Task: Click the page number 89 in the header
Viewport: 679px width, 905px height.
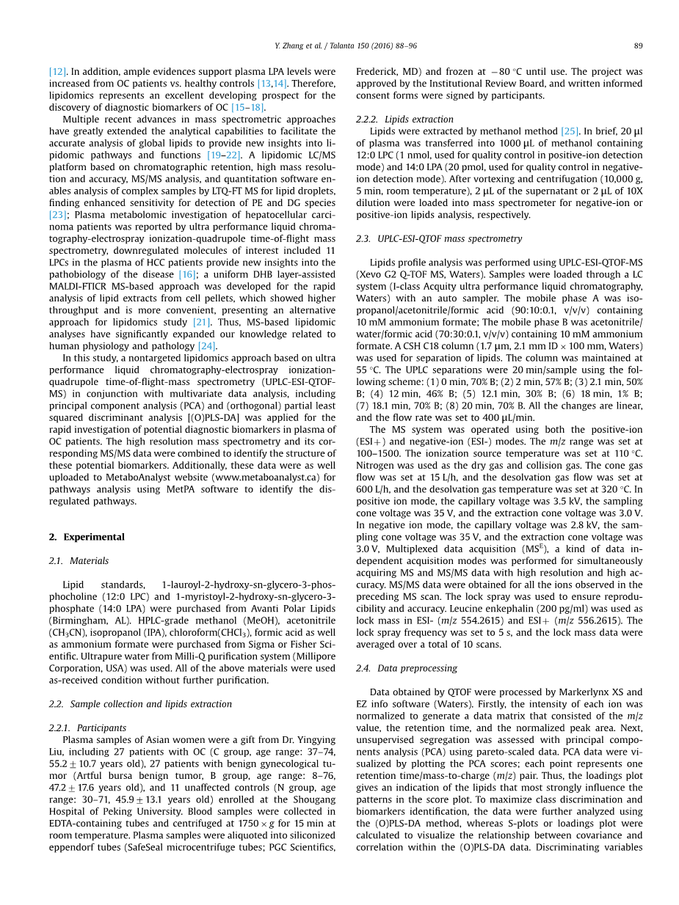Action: click(x=638, y=46)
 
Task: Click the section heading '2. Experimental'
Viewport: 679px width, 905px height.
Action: click(x=87, y=537)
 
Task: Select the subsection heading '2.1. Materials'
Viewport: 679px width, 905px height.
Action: click(x=79, y=561)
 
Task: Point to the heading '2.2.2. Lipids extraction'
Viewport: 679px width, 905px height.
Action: click(x=404, y=120)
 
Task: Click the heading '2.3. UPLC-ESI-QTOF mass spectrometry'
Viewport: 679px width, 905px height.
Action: click(x=439, y=239)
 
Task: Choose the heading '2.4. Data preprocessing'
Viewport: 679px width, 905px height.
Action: click(x=407, y=668)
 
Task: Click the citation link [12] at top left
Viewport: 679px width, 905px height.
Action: click(x=58, y=72)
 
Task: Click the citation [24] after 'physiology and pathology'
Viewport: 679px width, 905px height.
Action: click(x=207, y=346)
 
